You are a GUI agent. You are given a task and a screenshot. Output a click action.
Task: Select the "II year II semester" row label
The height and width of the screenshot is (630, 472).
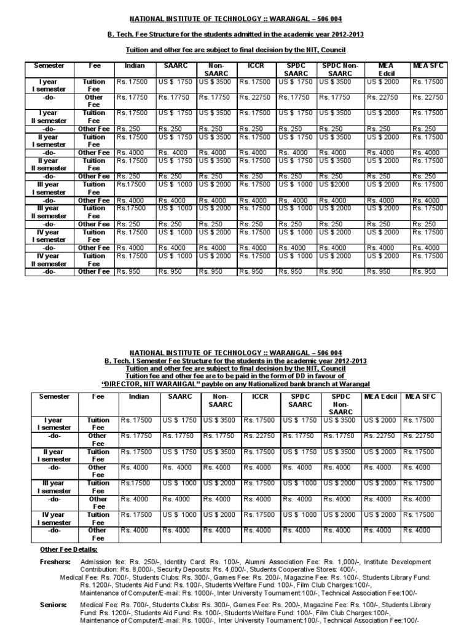point(45,164)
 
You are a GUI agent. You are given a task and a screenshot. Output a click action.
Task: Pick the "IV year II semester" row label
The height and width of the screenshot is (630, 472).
point(45,260)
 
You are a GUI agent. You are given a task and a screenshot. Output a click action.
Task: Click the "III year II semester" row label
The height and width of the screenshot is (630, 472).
point(45,212)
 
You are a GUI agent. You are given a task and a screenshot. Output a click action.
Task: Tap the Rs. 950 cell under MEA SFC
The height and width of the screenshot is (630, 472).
point(424,271)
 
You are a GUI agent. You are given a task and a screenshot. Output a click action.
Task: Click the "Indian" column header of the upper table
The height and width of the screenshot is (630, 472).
point(135,65)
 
